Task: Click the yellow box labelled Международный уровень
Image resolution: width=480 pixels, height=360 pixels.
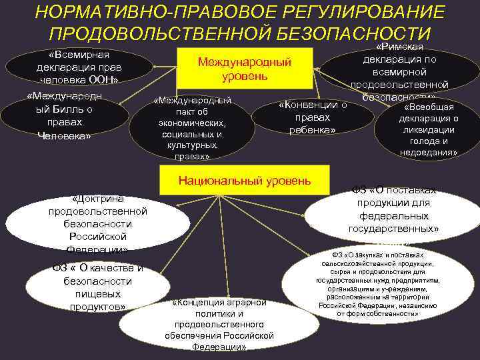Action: [x=245, y=69]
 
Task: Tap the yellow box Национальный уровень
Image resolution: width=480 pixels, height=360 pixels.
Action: [x=244, y=180]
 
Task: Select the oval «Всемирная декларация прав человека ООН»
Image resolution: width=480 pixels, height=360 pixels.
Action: [x=77, y=67]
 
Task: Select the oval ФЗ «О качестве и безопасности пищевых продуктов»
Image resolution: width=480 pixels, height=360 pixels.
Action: [x=97, y=287]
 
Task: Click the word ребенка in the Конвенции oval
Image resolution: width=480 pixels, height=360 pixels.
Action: [x=313, y=129]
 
